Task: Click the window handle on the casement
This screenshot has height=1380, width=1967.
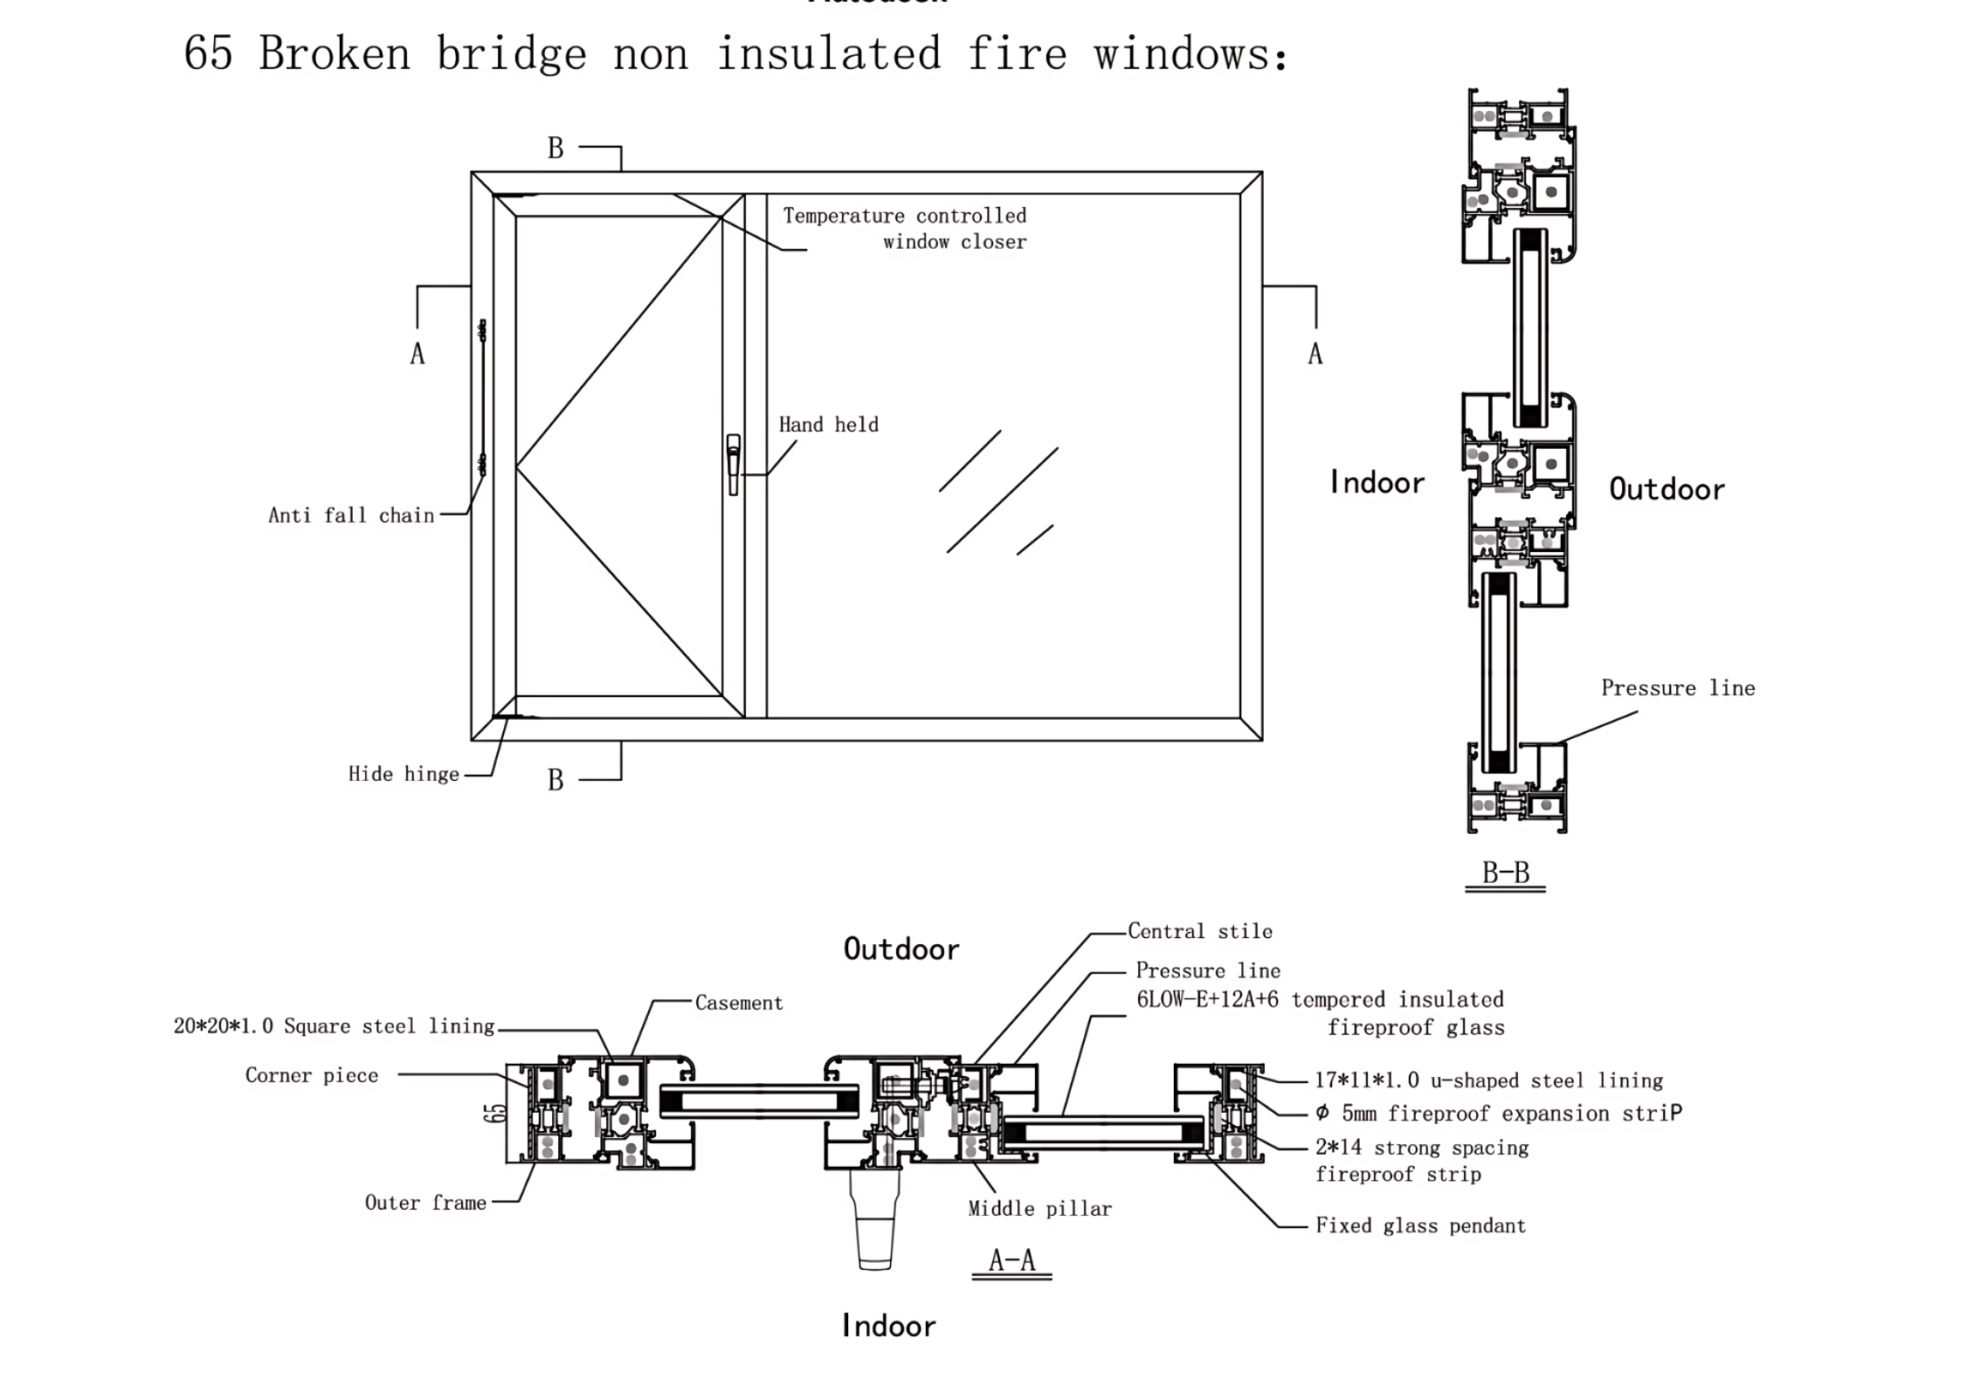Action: (734, 464)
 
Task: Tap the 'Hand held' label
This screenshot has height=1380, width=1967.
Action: (828, 425)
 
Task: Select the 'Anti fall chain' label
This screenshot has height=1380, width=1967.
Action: (351, 515)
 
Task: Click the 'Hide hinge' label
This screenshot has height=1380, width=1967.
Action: (404, 774)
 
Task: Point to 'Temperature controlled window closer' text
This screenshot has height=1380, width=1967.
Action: (905, 229)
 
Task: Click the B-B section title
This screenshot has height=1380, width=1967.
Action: (1505, 873)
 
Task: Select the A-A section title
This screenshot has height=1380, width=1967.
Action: (1011, 1259)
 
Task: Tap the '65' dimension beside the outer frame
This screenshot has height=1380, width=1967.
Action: (494, 1113)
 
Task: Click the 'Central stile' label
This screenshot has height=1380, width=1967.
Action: (1199, 931)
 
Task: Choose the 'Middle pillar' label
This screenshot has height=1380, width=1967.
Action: (1039, 1209)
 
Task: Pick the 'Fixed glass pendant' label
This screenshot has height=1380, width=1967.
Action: (1420, 1226)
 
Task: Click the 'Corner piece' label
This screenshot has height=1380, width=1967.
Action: (312, 1075)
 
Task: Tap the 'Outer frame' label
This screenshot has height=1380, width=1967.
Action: (425, 1203)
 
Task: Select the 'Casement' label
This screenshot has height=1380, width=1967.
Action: (739, 1003)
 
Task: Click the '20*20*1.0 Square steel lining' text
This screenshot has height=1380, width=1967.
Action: (335, 1026)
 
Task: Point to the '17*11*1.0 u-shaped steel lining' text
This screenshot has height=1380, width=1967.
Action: (1488, 1080)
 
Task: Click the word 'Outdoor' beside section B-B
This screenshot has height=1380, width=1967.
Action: (1667, 489)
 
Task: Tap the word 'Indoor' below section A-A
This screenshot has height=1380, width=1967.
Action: (888, 1326)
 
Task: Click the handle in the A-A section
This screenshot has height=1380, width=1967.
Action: (874, 1223)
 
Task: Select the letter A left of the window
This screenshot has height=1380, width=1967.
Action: (418, 354)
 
